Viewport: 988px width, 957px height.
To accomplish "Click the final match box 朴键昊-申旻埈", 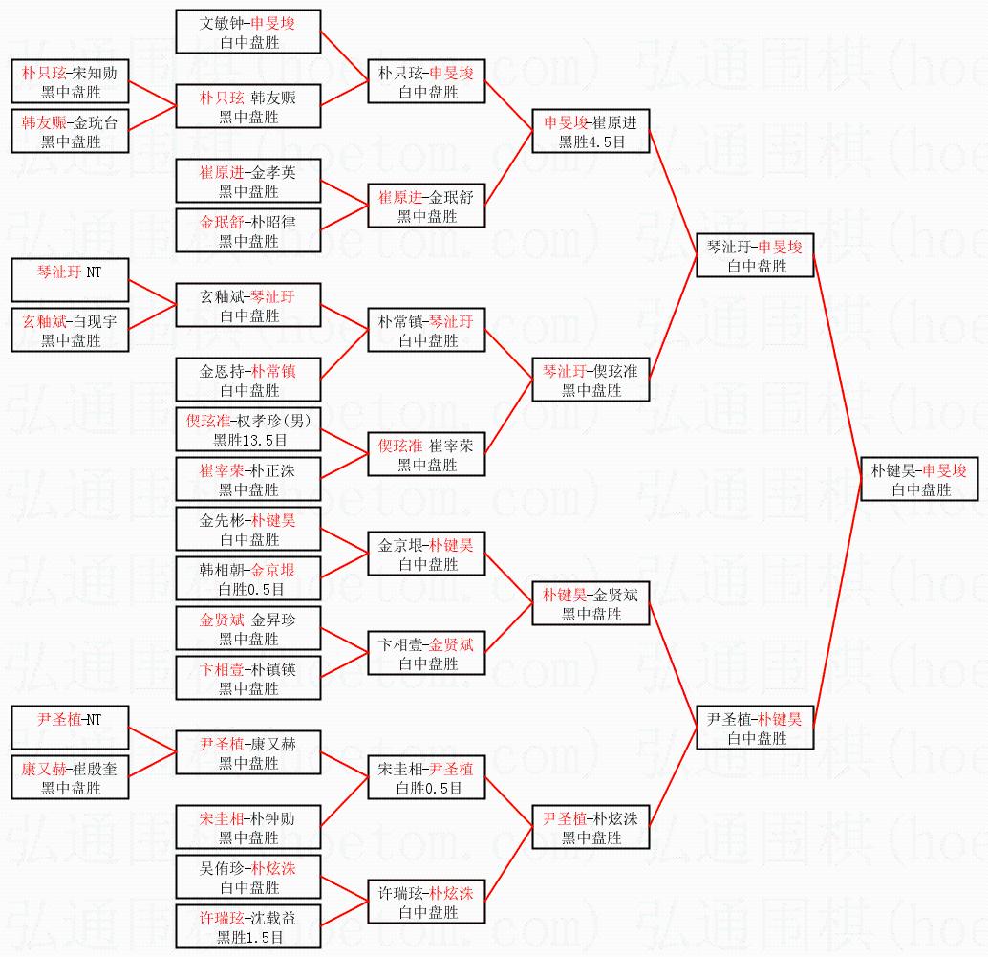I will [918, 480].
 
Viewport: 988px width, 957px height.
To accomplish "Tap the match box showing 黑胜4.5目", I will [591, 131].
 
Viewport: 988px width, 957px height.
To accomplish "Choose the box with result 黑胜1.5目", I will [248, 926].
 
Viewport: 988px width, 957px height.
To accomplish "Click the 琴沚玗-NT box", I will [69, 281].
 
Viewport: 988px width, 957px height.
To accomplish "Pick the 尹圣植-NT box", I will [69, 729].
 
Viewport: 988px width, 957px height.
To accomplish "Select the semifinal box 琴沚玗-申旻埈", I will [755, 256].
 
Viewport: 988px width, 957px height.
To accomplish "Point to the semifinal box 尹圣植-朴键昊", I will [755, 728].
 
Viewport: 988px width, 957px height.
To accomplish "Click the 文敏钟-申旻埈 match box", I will [248, 32].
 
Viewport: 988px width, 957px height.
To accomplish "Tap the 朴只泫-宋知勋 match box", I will [70, 81].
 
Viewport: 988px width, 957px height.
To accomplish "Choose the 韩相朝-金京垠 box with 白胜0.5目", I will [248, 578].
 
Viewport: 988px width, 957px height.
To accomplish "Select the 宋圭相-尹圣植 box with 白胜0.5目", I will [426, 777].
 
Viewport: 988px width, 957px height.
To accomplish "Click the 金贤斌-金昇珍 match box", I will [248, 628].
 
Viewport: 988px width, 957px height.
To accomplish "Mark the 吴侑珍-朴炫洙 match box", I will [248, 877].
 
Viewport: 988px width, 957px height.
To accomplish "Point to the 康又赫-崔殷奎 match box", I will [70, 777].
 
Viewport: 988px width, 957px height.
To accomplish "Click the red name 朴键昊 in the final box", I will [891, 470].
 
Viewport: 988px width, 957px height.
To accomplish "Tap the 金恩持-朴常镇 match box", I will [248, 380].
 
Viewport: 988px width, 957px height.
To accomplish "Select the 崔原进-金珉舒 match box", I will [426, 206].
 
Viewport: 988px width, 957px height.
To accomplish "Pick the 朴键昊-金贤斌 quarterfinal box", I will [591, 603].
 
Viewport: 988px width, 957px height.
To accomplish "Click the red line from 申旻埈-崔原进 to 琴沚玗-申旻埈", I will [674, 191].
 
